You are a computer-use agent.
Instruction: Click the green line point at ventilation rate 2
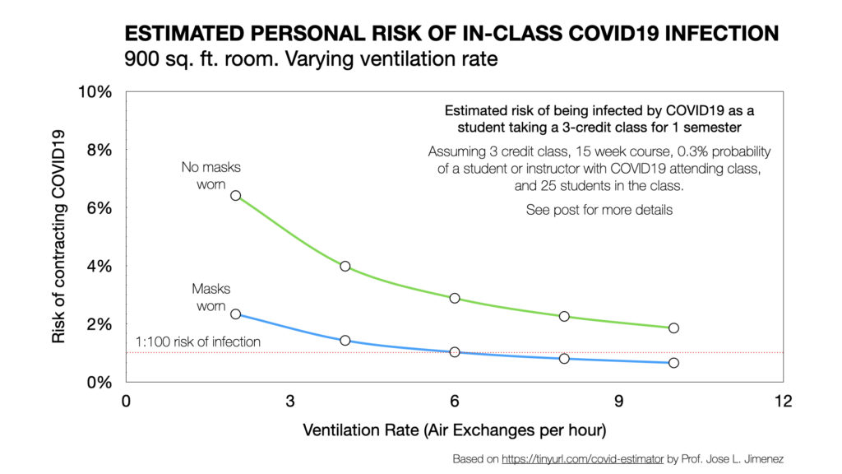(x=236, y=196)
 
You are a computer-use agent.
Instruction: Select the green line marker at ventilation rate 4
(x=345, y=266)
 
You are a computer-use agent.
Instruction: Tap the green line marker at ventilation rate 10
(x=673, y=328)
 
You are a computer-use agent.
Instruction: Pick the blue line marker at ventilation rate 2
(x=236, y=314)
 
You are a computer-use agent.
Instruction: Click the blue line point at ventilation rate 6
(x=455, y=352)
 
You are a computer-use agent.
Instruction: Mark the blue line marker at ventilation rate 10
(x=673, y=363)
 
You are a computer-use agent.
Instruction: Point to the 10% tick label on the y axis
(x=95, y=92)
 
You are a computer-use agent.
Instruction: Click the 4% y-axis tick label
(x=99, y=266)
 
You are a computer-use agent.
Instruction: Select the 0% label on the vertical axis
(x=99, y=382)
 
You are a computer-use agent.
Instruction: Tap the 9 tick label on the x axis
(x=618, y=401)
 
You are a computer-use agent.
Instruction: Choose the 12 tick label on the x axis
(x=783, y=401)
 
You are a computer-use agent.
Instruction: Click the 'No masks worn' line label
(x=211, y=176)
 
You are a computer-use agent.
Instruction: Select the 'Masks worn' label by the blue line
(x=211, y=297)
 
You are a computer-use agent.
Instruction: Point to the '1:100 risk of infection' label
(x=197, y=342)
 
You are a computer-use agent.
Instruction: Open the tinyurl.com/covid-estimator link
(x=583, y=459)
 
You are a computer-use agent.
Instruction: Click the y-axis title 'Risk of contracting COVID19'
(x=58, y=236)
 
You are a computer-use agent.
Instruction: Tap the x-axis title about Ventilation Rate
(x=455, y=430)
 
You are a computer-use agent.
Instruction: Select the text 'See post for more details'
(x=599, y=210)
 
